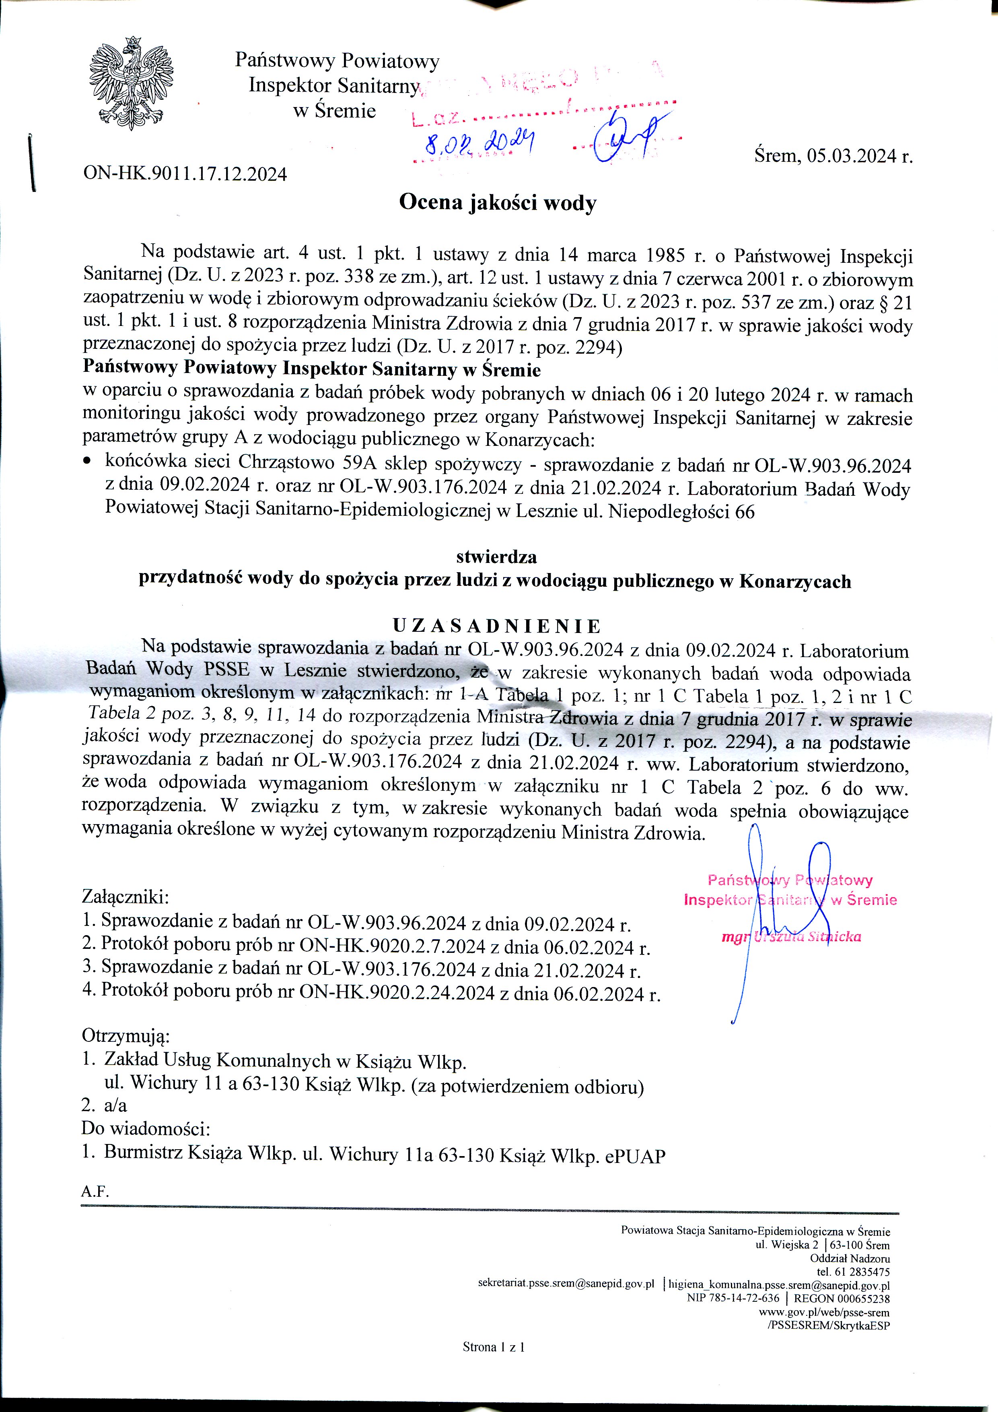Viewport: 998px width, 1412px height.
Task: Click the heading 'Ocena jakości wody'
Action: [x=498, y=202]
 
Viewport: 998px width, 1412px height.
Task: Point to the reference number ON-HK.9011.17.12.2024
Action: [x=185, y=174]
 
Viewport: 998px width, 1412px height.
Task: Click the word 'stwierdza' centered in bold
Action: [x=496, y=557]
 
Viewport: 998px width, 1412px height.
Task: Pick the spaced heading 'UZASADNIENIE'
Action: [x=497, y=626]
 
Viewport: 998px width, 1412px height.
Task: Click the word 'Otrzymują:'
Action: [x=126, y=1036]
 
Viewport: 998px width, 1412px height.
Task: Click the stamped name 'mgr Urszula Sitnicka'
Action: [x=791, y=937]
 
